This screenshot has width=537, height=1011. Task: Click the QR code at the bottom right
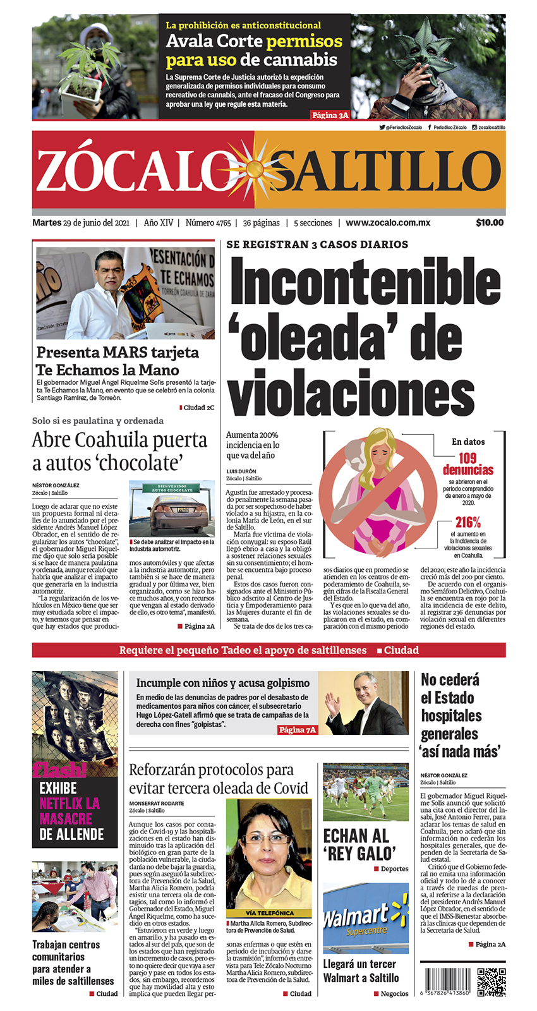pyautogui.click(x=491, y=981)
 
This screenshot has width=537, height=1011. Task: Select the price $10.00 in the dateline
pyautogui.click(x=490, y=222)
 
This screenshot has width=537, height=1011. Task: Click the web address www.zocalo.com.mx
pyautogui.click(x=388, y=222)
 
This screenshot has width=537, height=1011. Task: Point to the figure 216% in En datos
pyautogui.click(x=468, y=522)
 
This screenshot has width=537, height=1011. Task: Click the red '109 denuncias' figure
pyautogui.click(x=468, y=464)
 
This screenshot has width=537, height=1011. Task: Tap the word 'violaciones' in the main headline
pyautogui.click(x=351, y=392)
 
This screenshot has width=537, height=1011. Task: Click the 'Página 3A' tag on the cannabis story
pyautogui.click(x=330, y=115)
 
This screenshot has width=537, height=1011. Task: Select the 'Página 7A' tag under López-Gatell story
pyautogui.click(x=298, y=730)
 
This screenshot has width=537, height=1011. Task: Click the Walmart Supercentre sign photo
pyautogui.click(x=365, y=918)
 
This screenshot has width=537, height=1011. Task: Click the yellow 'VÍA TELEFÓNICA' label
pyautogui.click(x=269, y=913)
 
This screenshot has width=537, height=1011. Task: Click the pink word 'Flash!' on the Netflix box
pyautogui.click(x=60, y=769)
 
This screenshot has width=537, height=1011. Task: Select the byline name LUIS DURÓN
pyautogui.click(x=241, y=471)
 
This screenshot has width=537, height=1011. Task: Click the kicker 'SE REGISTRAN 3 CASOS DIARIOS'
pyautogui.click(x=317, y=245)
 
